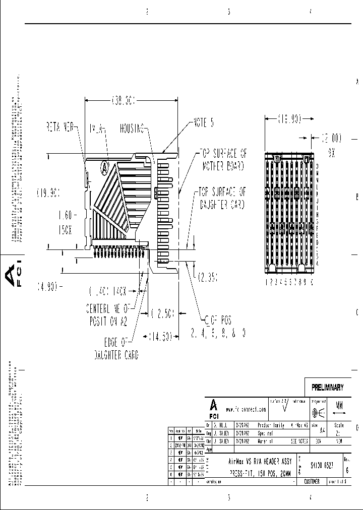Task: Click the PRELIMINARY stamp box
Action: (x=327, y=388)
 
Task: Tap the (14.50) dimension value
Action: (x=159, y=335)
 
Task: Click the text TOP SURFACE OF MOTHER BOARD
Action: (x=223, y=159)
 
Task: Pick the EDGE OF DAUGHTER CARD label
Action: (x=116, y=349)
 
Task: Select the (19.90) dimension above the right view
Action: (x=289, y=119)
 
